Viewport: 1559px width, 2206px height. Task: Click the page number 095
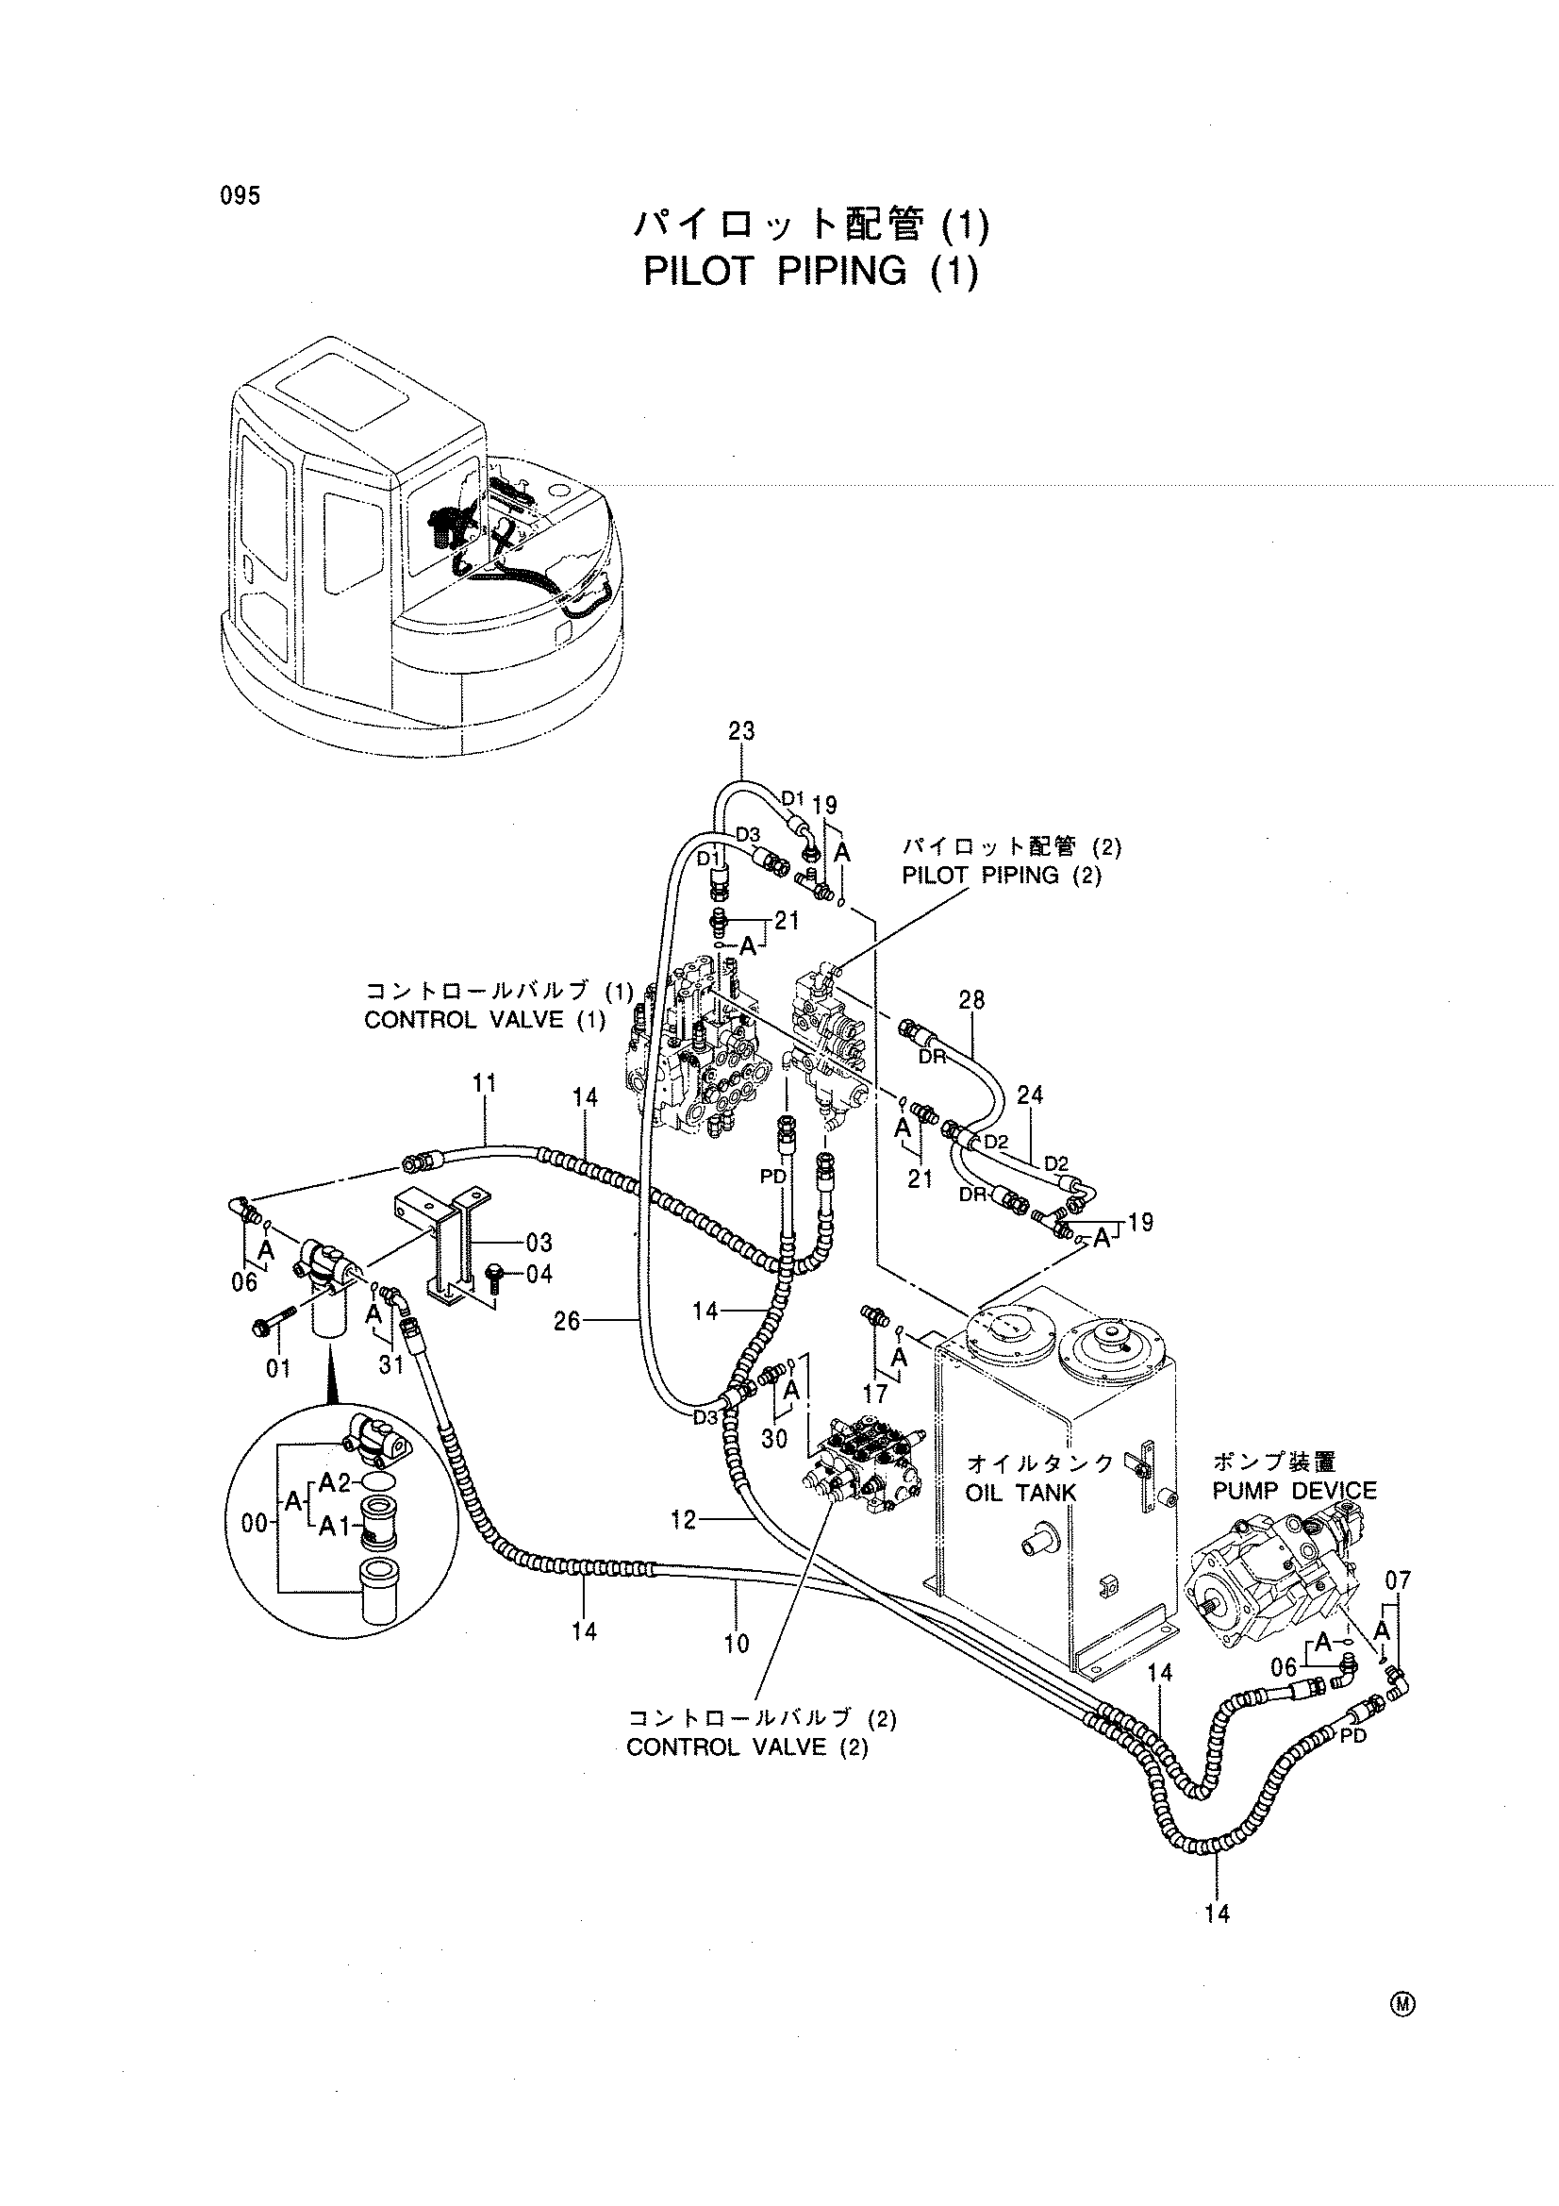point(240,195)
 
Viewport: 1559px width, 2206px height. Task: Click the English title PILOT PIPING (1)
point(811,272)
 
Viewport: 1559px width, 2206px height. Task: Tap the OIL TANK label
point(1021,1492)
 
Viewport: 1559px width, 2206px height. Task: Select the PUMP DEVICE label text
point(1294,1491)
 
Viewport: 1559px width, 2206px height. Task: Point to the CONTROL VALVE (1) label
point(485,1019)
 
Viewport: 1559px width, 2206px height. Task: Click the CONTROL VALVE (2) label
point(747,1746)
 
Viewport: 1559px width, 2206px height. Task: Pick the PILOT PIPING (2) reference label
point(1002,875)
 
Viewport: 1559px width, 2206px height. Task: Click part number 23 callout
point(741,731)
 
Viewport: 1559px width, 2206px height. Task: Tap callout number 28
point(971,999)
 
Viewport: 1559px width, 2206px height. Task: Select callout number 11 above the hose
point(484,1084)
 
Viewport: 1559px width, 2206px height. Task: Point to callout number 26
point(568,1321)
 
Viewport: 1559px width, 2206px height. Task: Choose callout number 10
point(737,1644)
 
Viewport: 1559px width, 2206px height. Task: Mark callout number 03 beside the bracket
point(539,1243)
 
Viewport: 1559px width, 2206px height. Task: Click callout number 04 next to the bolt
point(539,1274)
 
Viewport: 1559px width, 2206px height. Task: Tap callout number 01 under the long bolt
point(278,1368)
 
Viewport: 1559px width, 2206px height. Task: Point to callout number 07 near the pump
point(1399,1579)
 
